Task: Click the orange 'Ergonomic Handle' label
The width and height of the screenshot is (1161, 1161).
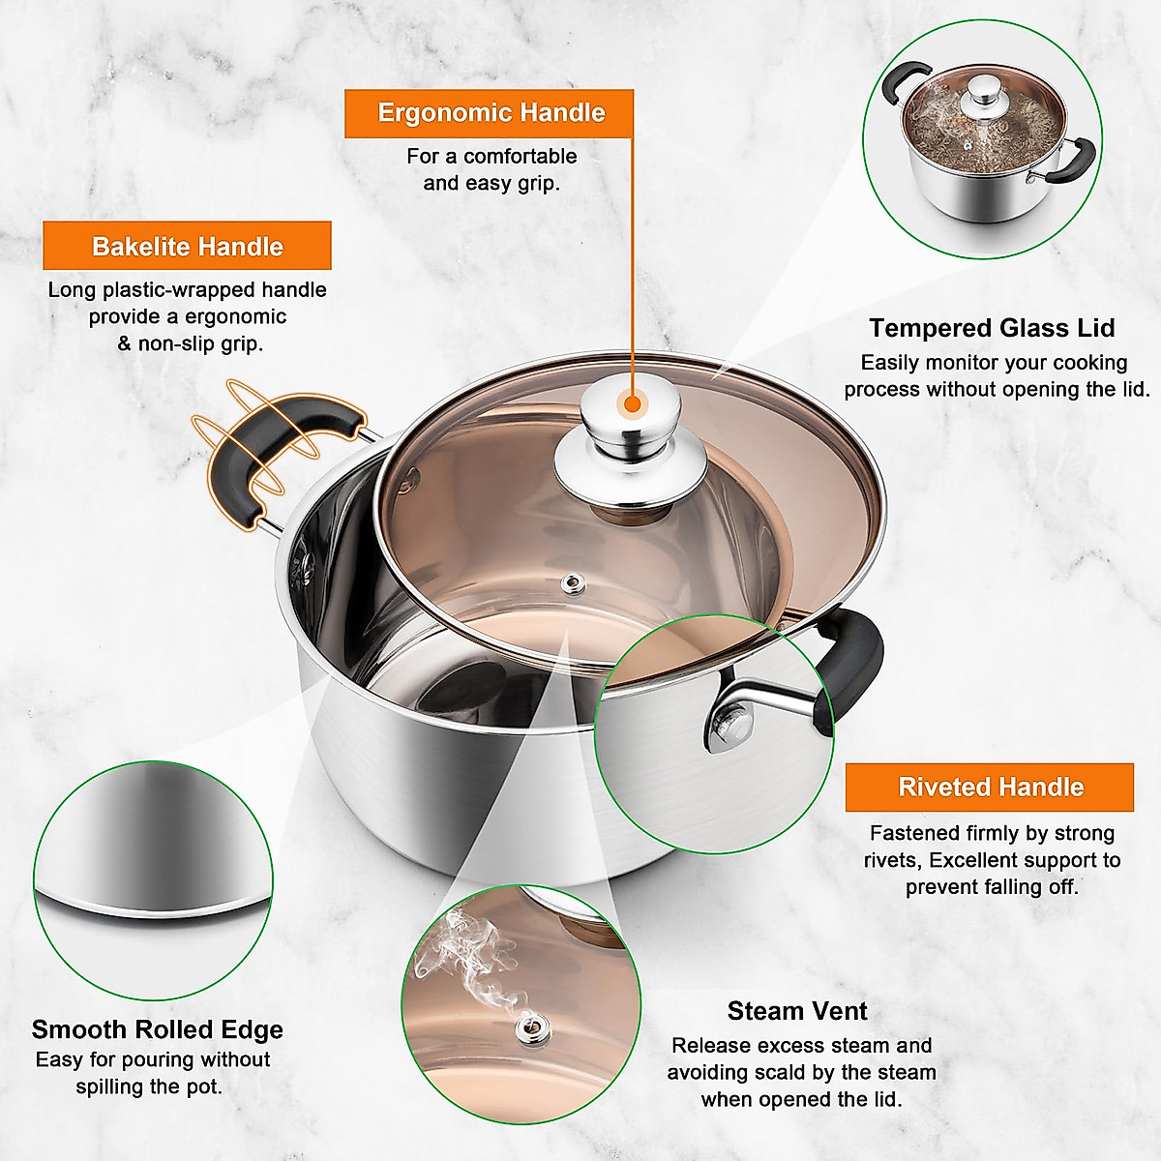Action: tap(490, 113)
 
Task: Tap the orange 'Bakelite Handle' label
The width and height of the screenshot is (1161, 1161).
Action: tap(187, 247)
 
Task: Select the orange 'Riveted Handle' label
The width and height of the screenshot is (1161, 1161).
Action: tap(990, 788)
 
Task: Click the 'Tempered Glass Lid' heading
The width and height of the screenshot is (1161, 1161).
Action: tap(992, 328)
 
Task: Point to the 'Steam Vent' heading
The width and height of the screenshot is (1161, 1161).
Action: tap(797, 1011)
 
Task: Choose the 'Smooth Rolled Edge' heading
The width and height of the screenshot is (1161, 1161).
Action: tap(157, 1029)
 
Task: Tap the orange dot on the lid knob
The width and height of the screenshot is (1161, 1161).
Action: tap(632, 403)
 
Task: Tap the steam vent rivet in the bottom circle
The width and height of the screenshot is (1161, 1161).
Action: tap(530, 1028)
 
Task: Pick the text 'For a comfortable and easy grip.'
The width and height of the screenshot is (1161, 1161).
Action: tap(491, 169)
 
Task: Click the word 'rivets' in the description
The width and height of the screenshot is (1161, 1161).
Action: tap(892, 860)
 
